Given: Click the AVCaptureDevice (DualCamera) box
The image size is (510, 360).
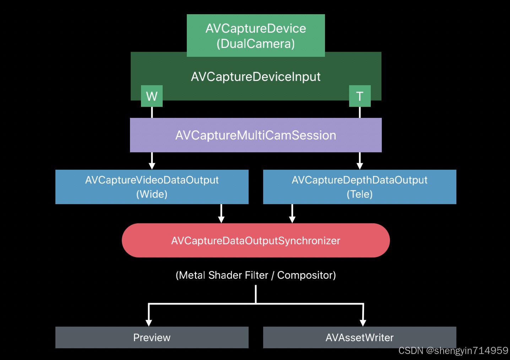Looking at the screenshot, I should (256, 36).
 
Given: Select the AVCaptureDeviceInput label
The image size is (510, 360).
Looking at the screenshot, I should (256, 77).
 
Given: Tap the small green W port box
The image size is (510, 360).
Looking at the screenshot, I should (152, 96).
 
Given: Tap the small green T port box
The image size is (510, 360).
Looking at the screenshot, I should (360, 96).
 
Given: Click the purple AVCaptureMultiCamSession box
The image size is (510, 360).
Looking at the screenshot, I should (256, 135).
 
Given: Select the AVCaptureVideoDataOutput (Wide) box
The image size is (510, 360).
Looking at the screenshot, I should (152, 187).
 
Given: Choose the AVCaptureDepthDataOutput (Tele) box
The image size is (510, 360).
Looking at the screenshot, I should (359, 187).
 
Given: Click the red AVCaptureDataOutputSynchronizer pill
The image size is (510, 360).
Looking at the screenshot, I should (256, 240).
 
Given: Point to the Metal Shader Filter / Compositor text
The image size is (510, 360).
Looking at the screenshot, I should (256, 275).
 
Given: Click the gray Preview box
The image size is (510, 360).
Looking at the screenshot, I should (152, 337).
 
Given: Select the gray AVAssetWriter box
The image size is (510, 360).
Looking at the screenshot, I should (359, 337).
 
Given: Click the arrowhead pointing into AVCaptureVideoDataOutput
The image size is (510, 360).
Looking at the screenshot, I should (152, 166).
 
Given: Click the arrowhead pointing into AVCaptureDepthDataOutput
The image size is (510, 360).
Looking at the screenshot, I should (360, 166).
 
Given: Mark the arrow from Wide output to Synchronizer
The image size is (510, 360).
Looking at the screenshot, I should (221, 214).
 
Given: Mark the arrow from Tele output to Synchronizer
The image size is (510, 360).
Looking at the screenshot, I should (292, 214).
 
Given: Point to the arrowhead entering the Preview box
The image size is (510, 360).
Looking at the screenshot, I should (149, 322).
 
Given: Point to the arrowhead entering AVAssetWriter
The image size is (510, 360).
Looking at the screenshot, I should (363, 322).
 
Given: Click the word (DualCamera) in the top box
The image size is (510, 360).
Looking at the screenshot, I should (256, 44).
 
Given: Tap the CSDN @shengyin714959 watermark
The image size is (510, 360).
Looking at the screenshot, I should (453, 351).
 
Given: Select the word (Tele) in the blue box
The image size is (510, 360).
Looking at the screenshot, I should (359, 194).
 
